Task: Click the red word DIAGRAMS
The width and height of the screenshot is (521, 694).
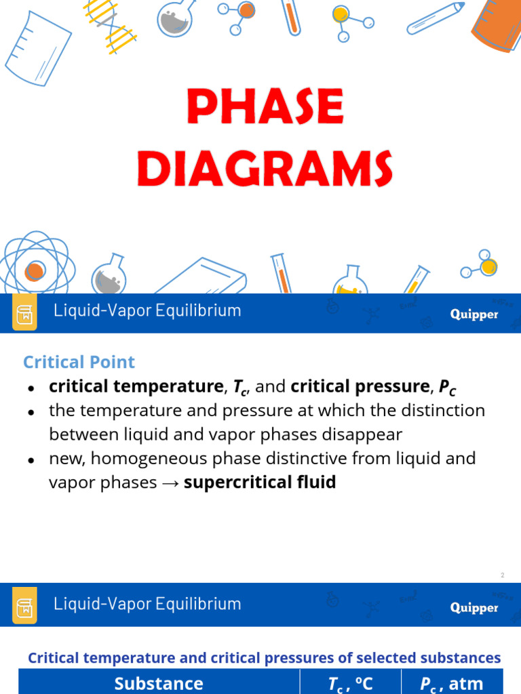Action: click(x=265, y=169)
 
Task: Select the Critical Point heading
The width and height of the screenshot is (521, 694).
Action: click(x=79, y=362)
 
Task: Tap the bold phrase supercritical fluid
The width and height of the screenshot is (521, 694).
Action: click(x=260, y=483)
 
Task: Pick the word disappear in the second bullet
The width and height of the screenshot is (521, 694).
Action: click(x=366, y=434)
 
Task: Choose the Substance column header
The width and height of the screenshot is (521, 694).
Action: click(x=159, y=683)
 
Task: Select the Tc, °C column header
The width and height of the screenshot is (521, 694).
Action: click(x=350, y=683)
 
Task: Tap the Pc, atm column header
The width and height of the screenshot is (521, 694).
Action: click(x=451, y=683)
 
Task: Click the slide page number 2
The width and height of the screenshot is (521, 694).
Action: click(x=503, y=575)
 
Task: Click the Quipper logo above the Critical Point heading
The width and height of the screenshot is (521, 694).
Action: click(x=474, y=314)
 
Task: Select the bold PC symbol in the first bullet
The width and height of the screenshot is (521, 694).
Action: click(x=447, y=387)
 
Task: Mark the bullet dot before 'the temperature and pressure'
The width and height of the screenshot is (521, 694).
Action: click(x=31, y=411)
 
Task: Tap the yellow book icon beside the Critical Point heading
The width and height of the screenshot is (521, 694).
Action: click(x=24, y=314)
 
